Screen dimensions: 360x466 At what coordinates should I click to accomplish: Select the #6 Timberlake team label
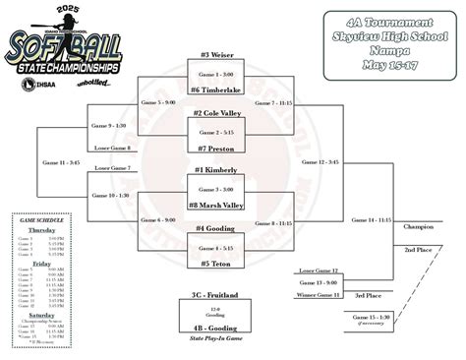click(x=213, y=90)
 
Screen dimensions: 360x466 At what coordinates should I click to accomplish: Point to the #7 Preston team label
click(x=213, y=149)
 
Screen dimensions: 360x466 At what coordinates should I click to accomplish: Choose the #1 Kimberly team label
click(x=213, y=170)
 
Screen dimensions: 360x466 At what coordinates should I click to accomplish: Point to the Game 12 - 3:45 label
click(x=322, y=161)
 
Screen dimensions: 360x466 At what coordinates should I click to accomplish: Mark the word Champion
click(x=418, y=226)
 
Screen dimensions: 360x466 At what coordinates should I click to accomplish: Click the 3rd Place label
click(x=370, y=294)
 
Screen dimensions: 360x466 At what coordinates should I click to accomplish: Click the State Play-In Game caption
click(x=213, y=338)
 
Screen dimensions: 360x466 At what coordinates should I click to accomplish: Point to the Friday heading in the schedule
click(x=40, y=264)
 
